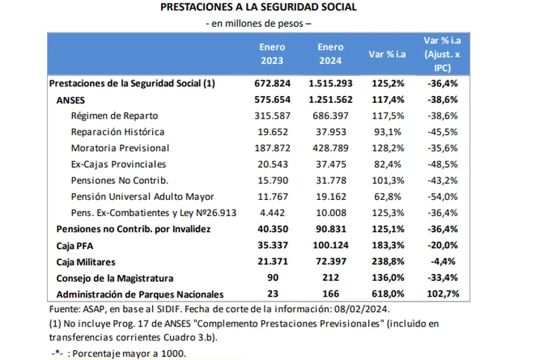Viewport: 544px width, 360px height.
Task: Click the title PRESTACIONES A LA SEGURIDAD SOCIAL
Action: [x=258, y=7]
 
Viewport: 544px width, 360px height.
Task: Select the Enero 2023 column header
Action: [x=272, y=54]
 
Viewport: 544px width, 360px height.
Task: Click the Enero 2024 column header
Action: [x=330, y=54]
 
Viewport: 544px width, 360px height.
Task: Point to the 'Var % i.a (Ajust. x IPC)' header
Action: [x=442, y=54]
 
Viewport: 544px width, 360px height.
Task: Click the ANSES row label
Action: [x=71, y=100]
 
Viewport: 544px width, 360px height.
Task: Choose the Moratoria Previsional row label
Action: [x=120, y=148]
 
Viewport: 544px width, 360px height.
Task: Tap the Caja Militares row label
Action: [x=86, y=262]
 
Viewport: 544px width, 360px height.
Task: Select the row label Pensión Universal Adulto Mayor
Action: [x=142, y=197]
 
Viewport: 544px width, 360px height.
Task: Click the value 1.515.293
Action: [x=330, y=83]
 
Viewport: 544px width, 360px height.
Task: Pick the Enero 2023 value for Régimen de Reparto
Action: [x=272, y=116]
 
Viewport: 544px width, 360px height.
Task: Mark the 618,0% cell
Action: [x=388, y=294]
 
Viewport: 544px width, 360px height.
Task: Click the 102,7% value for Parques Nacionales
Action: [x=443, y=294]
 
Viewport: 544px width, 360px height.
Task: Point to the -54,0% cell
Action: [x=443, y=197]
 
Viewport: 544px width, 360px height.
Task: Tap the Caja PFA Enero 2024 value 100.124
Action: [x=330, y=245]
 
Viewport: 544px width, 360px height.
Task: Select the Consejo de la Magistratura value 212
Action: [x=330, y=278]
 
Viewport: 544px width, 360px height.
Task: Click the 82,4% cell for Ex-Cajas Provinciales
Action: [x=388, y=165]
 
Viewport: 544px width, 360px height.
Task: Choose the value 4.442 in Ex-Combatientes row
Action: [x=272, y=213]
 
